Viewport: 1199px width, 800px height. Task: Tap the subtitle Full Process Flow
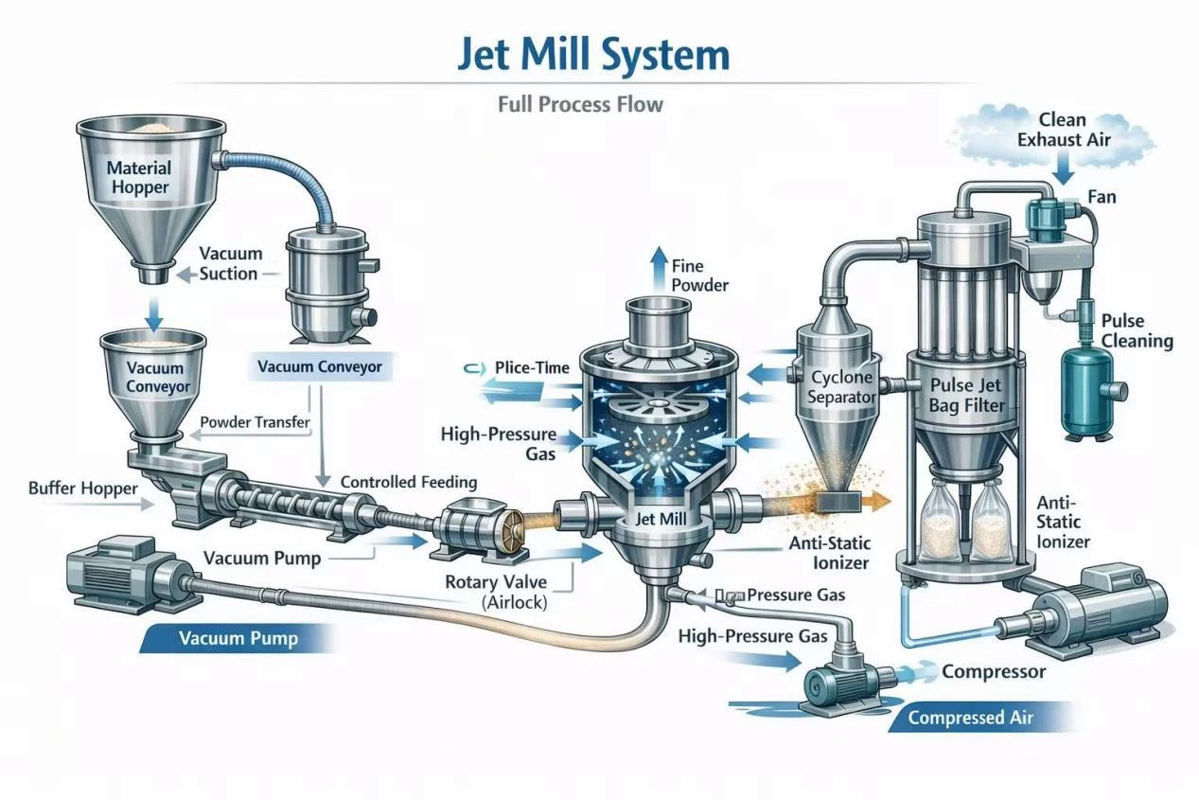click(580, 103)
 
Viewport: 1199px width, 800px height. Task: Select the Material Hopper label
click(138, 177)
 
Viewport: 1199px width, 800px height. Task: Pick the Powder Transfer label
click(255, 422)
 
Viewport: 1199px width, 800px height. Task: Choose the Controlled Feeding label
click(408, 482)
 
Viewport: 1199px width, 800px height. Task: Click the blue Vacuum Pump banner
click(238, 639)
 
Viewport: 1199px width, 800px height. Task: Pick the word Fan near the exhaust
click(1101, 197)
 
